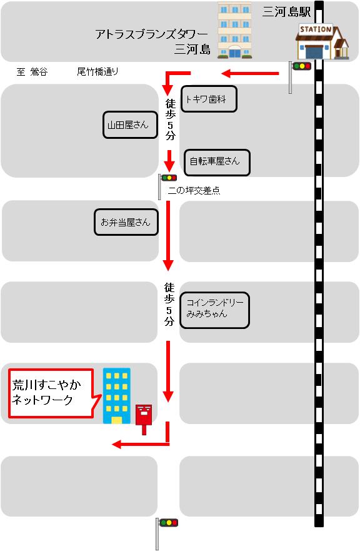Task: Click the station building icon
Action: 322,42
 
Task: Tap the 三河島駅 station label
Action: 287,12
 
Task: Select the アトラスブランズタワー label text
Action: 152,34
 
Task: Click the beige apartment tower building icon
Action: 234,31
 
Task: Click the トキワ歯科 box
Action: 209,99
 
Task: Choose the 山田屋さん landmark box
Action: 130,124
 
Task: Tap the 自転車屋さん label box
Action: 217,163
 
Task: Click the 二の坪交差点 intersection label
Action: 194,191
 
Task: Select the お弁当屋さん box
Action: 126,222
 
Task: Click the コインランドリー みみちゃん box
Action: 214,310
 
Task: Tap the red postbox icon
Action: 144,419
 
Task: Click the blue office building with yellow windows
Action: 117,396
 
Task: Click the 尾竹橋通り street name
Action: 97,72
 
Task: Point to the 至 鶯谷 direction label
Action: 32,72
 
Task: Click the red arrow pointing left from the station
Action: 250,74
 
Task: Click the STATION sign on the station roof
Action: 316,29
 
